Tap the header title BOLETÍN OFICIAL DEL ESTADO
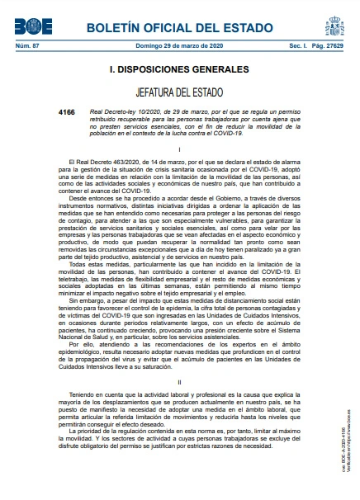tap(180, 27)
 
